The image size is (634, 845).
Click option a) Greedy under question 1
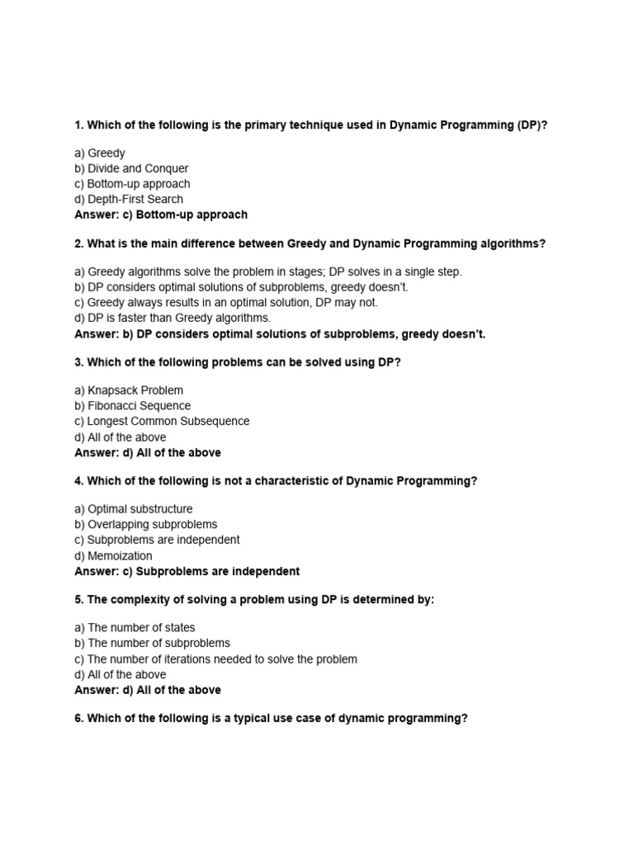point(100,153)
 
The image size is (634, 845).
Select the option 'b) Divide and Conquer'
point(131,168)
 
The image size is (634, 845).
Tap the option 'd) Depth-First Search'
point(129,199)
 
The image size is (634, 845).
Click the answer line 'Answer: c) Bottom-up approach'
point(161,215)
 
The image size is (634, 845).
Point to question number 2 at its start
point(78,243)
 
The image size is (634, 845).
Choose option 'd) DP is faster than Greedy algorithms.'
point(173,318)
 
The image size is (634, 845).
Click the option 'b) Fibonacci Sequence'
point(132,406)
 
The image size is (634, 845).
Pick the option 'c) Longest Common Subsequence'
point(162,421)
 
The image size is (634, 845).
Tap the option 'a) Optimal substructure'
point(134,509)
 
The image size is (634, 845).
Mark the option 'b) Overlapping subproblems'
point(146,524)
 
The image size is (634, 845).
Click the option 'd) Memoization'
point(113,556)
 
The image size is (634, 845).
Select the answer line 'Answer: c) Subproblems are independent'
point(187,571)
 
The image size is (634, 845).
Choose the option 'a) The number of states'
point(135,628)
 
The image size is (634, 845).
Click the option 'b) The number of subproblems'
point(152,643)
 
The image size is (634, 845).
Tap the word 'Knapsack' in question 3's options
point(113,390)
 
